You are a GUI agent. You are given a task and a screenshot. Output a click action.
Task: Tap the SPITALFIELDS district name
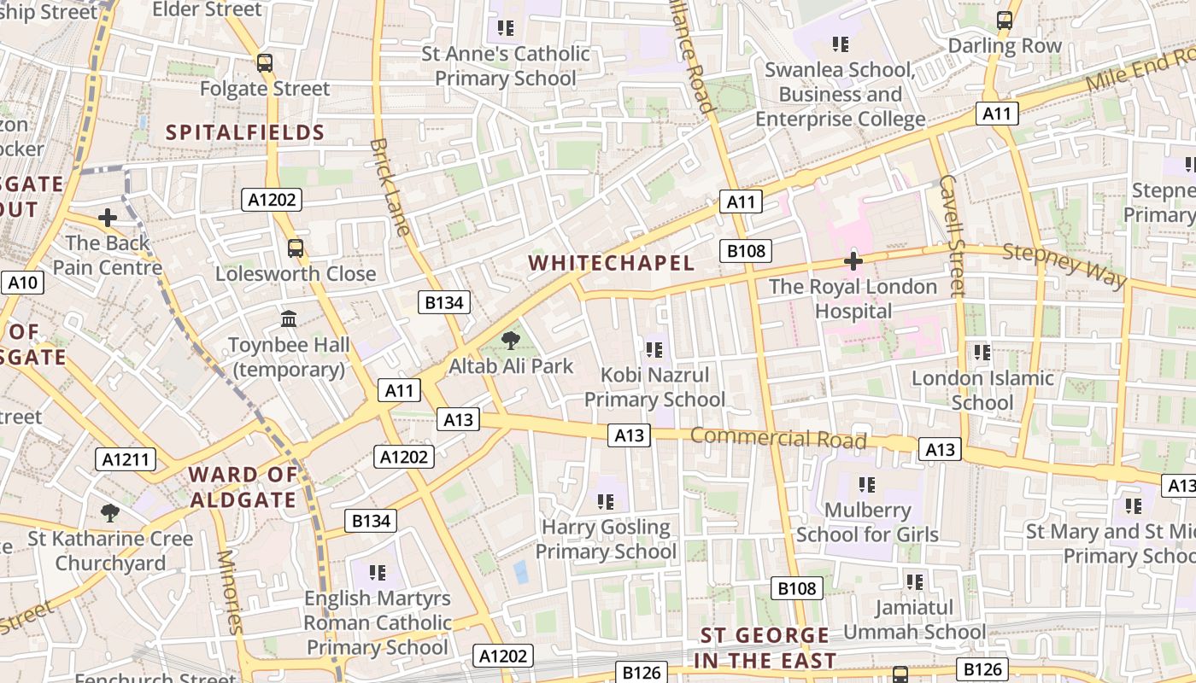pos(245,132)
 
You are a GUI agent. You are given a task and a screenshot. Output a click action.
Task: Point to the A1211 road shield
pos(126,459)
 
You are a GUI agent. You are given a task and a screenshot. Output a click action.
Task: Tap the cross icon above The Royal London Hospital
pos(853,261)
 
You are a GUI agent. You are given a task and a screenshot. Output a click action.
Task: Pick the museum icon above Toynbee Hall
pos(289,319)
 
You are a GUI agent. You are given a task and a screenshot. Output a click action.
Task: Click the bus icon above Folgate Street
pos(265,63)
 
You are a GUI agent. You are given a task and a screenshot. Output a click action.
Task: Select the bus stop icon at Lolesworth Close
pos(296,248)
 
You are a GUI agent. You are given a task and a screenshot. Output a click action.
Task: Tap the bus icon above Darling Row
pos(1005,20)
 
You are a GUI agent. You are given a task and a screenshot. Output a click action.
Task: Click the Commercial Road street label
pos(778,438)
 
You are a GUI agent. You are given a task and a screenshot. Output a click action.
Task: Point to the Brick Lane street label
pos(390,186)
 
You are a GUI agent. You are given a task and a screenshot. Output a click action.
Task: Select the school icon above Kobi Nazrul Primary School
pos(654,349)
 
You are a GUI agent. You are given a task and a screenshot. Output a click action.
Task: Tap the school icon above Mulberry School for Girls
pos(867,485)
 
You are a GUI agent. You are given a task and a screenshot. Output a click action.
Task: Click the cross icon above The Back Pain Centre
pos(108,218)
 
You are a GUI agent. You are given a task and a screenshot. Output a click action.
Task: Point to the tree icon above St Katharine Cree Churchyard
pos(109,512)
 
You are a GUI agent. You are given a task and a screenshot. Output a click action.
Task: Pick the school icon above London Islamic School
pos(982,352)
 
